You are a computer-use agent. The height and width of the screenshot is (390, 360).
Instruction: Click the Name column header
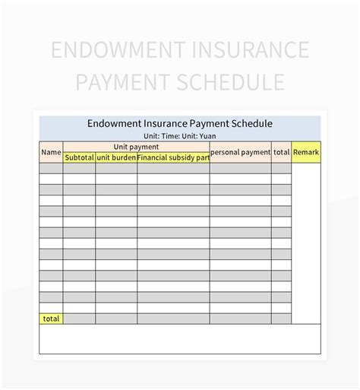[x=51, y=152]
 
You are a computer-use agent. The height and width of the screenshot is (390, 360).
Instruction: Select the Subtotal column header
[x=79, y=157]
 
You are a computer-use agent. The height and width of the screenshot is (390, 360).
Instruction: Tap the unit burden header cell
[x=116, y=157]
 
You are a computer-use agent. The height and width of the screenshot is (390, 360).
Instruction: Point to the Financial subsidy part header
[x=173, y=157]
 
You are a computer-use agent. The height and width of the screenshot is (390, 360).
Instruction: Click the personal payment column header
[x=240, y=152]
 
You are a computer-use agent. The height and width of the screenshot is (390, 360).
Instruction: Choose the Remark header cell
[x=306, y=152]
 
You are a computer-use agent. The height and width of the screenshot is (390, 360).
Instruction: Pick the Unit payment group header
[x=136, y=146]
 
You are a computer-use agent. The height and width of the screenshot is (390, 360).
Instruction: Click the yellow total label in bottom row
[x=51, y=319]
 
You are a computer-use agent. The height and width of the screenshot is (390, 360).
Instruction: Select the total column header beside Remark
[x=281, y=152]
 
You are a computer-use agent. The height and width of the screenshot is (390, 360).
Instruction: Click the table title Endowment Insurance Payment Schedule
[x=179, y=123]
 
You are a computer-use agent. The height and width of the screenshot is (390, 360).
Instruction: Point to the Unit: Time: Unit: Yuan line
[x=179, y=135]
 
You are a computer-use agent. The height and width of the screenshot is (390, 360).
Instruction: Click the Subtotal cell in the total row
[x=79, y=319]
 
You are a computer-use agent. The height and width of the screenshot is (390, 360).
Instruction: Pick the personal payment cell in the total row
[x=240, y=319]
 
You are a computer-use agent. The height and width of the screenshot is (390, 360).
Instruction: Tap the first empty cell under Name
[x=51, y=169]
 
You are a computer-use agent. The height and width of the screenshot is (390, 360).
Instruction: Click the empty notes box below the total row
[x=179, y=338]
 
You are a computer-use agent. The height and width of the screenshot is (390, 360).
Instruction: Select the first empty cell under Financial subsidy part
[x=173, y=169]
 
